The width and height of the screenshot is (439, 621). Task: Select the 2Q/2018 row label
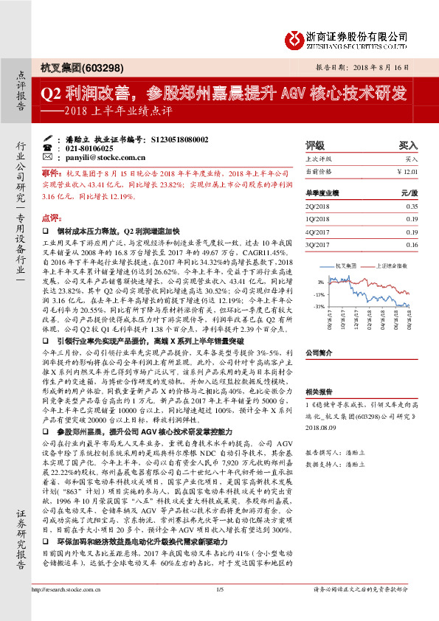tap(318, 207)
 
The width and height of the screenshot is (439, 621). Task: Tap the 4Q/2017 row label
tap(318, 232)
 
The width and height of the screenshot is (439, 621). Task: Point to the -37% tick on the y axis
tap(320, 305)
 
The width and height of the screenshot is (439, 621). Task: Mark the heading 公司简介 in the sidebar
tap(319, 353)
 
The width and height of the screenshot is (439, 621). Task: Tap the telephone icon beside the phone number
tap(47, 148)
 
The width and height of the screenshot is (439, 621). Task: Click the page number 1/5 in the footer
tap(219, 609)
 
